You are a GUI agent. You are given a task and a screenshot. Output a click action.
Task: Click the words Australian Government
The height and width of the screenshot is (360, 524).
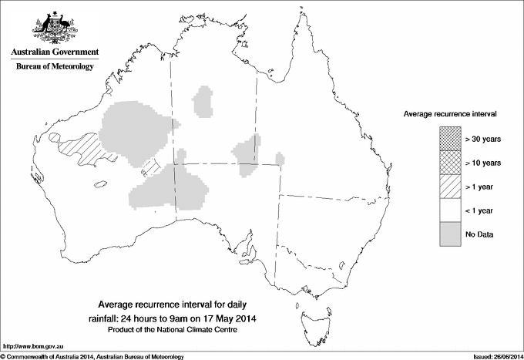(x=54, y=52)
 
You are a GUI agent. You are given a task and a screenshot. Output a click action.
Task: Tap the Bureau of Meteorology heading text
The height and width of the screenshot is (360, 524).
(x=55, y=67)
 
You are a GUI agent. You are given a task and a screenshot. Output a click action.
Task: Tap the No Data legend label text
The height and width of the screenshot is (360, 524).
(x=479, y=234)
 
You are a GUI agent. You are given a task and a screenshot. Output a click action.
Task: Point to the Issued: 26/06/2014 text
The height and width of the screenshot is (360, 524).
(x=492, y=355)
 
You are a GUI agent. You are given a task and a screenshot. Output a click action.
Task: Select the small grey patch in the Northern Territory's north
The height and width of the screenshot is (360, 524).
(x=204, y=101)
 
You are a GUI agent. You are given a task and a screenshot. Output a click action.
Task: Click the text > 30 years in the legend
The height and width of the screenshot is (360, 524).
(x=483, y=139)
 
